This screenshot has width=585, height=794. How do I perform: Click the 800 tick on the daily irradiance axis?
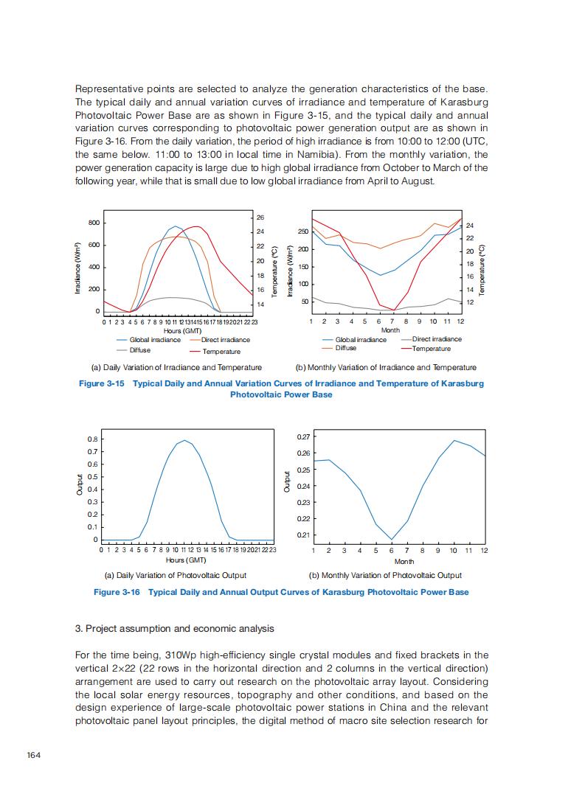point(94,223)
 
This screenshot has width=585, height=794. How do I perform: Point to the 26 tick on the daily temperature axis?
point(260,217)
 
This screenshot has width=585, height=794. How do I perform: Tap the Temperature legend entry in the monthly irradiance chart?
point(431,349)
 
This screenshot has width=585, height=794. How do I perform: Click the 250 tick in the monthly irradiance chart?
point(304,232)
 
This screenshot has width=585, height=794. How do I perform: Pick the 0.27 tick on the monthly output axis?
point(302,437)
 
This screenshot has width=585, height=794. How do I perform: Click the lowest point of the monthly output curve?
point(392,540)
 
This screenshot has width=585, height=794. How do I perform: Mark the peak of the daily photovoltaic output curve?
point(185,440)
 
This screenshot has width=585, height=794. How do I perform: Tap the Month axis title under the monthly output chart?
point(404,562)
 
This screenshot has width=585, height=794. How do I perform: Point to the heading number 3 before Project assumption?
point(78,628)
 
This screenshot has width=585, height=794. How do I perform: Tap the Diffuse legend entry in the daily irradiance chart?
point(139,350)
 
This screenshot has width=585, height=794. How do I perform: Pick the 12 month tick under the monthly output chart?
point(484,551)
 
